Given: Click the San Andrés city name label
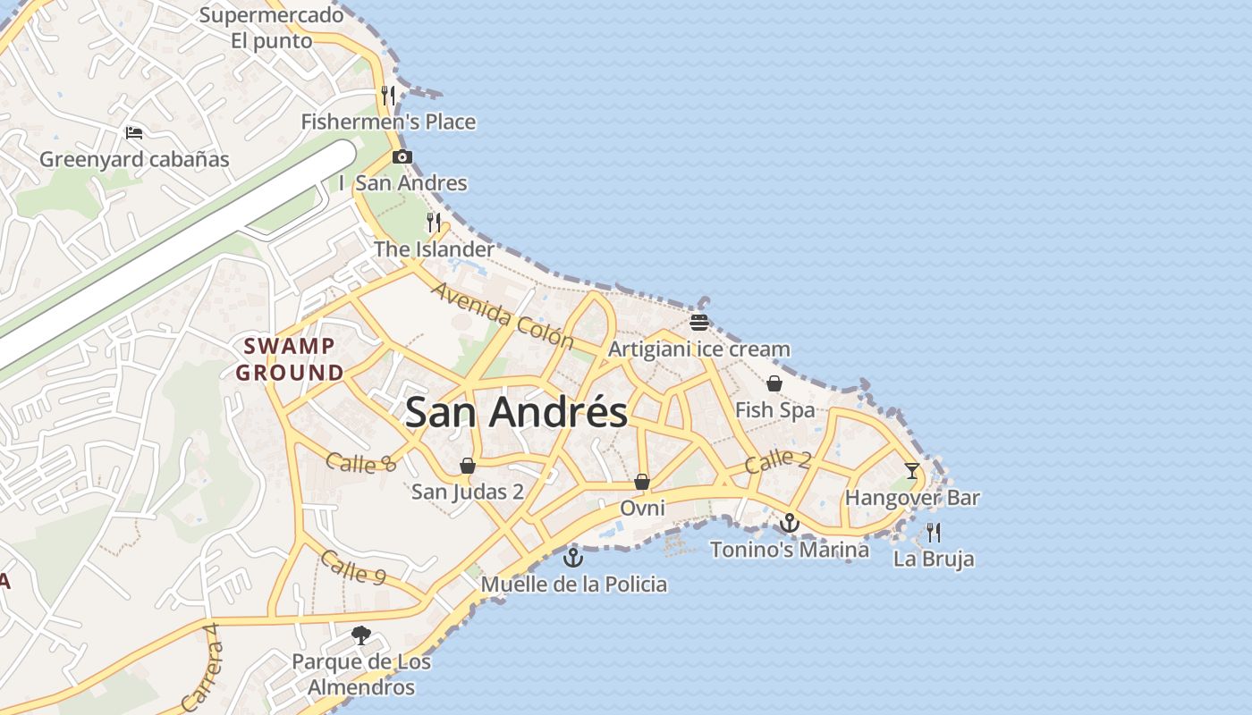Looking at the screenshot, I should click(x=516, y=413).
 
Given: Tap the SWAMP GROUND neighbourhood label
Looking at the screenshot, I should click(x=290, y=359).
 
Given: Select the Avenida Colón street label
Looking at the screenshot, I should click(x=502, y=315).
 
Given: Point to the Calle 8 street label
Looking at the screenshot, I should click(x=360, y=462).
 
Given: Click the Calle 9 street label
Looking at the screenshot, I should click(x=352, y=568).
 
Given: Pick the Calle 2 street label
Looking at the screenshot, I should click(x=777, y=461).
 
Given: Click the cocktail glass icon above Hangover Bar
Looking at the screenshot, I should click(x=911, y=470).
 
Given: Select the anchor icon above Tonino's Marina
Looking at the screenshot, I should click(x=789, y=522).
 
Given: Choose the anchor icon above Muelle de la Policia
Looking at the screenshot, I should click(x=573, y=558).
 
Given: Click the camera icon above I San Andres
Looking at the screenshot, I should click(x=402, y=157).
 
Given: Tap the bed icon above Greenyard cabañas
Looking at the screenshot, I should click(x=134, y=133).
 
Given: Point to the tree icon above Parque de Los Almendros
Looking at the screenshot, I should click(x=361, y=635).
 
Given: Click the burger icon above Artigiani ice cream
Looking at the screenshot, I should click(x=699, y=323).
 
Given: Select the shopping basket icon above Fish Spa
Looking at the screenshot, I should click(x=774, y=383).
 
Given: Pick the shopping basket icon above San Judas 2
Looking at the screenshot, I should click(x=467, y=465).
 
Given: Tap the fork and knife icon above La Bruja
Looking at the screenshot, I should click(x=934, y=533).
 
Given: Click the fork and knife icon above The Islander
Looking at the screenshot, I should click(x=434, y=223).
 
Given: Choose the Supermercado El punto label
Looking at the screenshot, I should click(x=272, y=28).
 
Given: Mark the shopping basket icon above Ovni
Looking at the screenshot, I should click(x=642, y=482).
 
